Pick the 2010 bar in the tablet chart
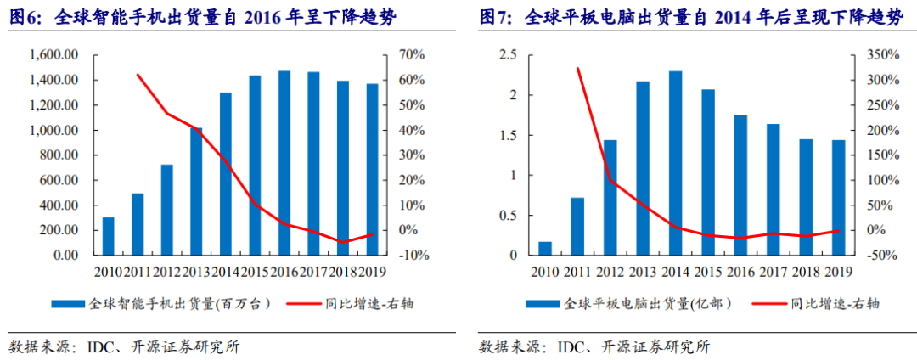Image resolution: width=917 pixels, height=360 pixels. click(x=545, y=248)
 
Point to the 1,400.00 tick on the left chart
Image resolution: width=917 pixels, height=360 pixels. click(x=53, y=81)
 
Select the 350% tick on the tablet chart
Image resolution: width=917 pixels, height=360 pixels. click(x=874, y=55)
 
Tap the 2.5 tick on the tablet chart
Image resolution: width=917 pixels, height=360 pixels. click(x=507, y=55)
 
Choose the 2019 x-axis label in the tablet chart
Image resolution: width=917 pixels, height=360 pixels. click(x=838, y=272)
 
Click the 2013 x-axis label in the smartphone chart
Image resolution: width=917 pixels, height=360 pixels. click(x=196, y=272)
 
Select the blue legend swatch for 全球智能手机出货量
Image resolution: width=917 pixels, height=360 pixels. click(x=68, y=303)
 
